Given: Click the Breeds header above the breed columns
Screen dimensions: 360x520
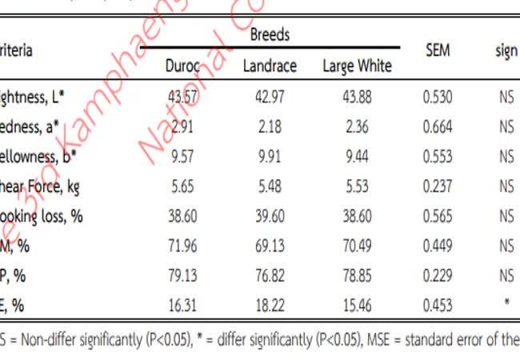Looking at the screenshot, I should coord(270,35).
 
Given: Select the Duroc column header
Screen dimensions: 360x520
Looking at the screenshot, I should coord(182,66).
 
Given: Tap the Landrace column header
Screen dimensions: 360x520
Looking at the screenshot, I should coord(270,66).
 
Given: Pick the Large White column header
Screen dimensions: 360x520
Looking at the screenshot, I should coord(357,66).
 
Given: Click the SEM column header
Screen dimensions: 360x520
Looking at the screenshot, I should coord(437,50).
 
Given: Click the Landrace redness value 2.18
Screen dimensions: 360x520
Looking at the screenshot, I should coord(270,127).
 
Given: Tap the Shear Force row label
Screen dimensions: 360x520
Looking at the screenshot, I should coord(40,186).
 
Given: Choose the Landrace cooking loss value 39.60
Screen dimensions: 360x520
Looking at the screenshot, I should coord(270,216).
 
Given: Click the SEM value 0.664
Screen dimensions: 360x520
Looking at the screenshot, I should coord(437,127).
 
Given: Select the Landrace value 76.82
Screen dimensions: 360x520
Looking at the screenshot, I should coord(270,275).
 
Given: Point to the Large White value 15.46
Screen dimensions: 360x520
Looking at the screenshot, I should coord(357,305).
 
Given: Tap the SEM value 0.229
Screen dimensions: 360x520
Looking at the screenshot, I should coord(437,275).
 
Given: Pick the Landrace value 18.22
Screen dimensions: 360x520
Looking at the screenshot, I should coord(270,305).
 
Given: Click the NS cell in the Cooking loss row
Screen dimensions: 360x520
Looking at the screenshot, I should coord(505,216).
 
